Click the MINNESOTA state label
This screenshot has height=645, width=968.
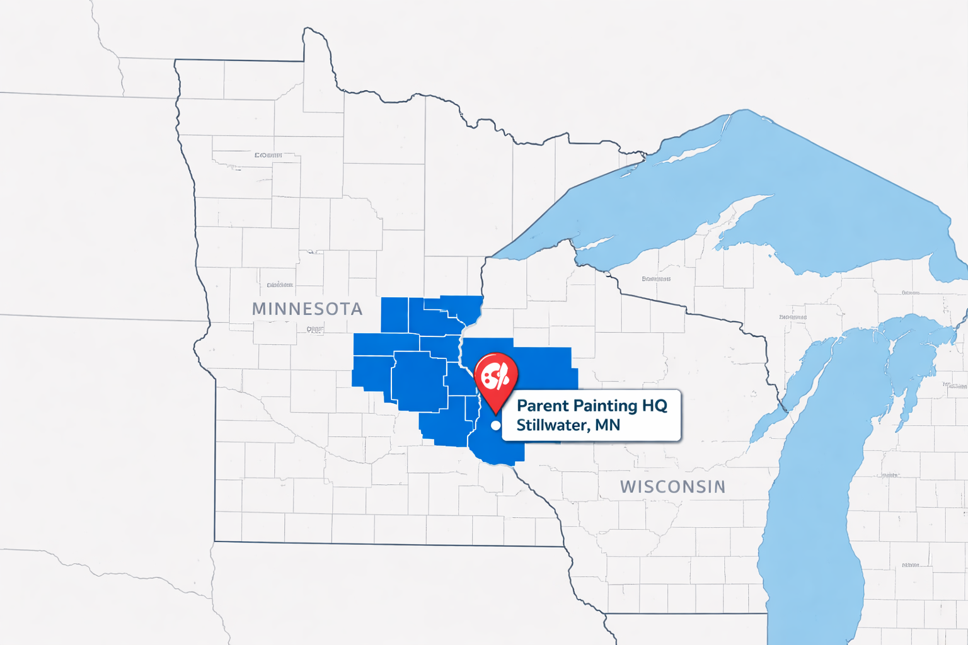(x=307, y=309)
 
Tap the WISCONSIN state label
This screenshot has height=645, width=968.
(x=672, y=487)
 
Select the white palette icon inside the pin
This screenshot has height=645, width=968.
(x=495, y=377)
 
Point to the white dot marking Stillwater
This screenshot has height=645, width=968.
(x=496, y=426)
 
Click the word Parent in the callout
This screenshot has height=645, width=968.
(x=543, y=406)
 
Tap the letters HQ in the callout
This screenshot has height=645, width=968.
(x=655, y=406)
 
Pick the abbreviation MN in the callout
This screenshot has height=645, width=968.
(x=608, y=425)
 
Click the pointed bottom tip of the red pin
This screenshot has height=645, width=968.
(x=496, y=413)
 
